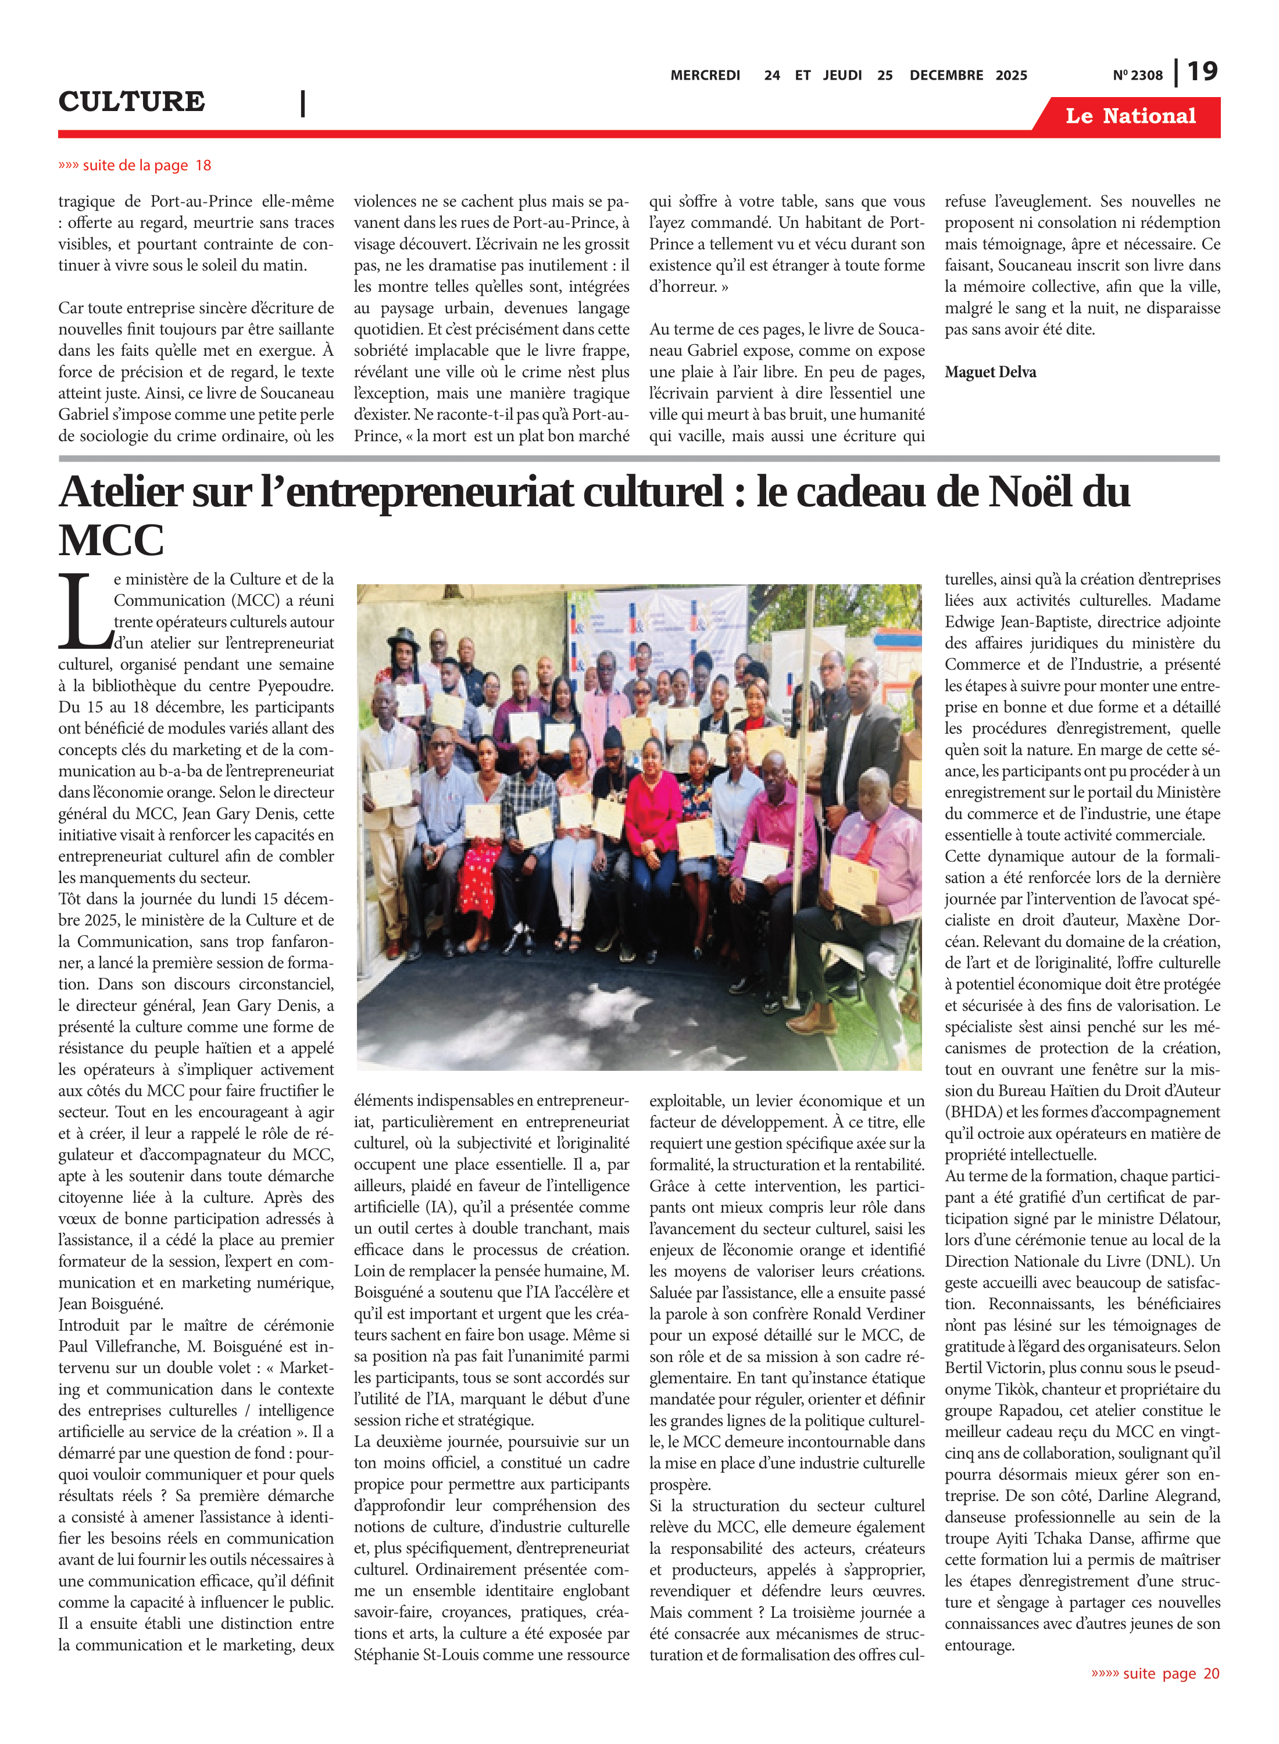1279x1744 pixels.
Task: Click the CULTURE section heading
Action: click(131, 101)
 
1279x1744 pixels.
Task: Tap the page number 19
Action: click(1202, 72)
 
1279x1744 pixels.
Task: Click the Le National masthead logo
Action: click(1130, 116)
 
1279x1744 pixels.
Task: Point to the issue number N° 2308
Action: click(1137, 76)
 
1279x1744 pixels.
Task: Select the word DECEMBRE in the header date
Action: click(946, 76)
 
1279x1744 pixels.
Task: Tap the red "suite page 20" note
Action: click(1155, 1674)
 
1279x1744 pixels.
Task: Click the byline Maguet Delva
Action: click(990, 371)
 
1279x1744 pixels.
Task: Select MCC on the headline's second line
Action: click(112, 540)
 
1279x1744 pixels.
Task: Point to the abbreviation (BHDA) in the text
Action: click(969, 1112)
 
